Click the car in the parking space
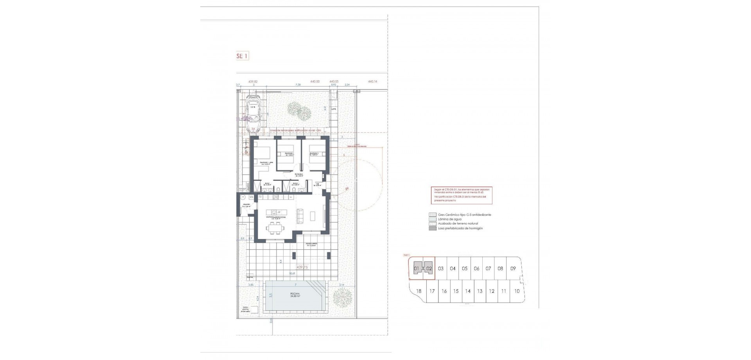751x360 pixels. click(253, 111)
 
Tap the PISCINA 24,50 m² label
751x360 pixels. click(295, 295)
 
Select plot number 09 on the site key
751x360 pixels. click(513, 269)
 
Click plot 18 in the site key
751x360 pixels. click(419, 291)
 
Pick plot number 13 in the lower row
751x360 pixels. click(480, 291)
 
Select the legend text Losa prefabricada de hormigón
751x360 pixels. click(460, 228)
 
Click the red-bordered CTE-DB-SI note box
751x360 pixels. click(462, 195)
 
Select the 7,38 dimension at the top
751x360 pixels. click(298, 85)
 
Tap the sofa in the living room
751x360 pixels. click(301, 216)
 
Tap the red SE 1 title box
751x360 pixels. click(243, 56)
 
